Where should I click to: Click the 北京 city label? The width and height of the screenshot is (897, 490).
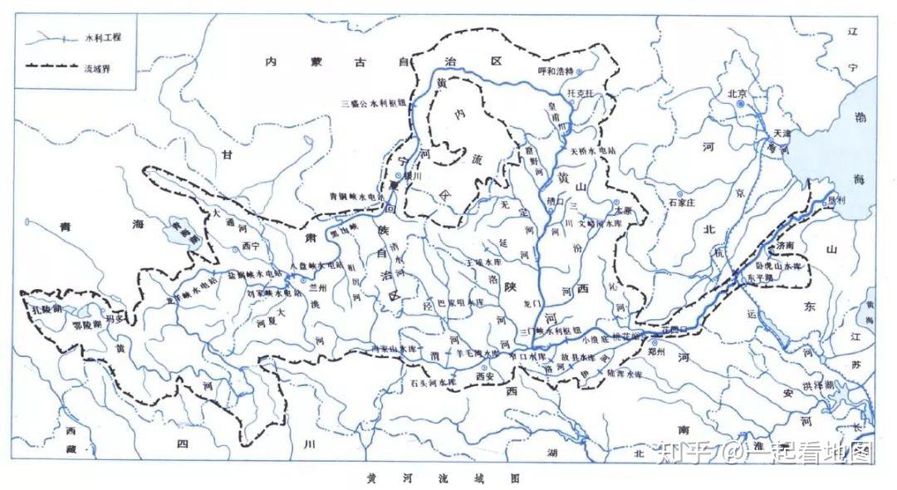(738, 93)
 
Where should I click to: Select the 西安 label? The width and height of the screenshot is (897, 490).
(483, 375)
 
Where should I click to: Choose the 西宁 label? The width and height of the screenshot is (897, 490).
(251, 246)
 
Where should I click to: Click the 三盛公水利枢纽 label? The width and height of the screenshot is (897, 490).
(373, 104)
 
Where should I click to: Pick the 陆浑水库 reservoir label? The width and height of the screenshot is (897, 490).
(625, 374)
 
